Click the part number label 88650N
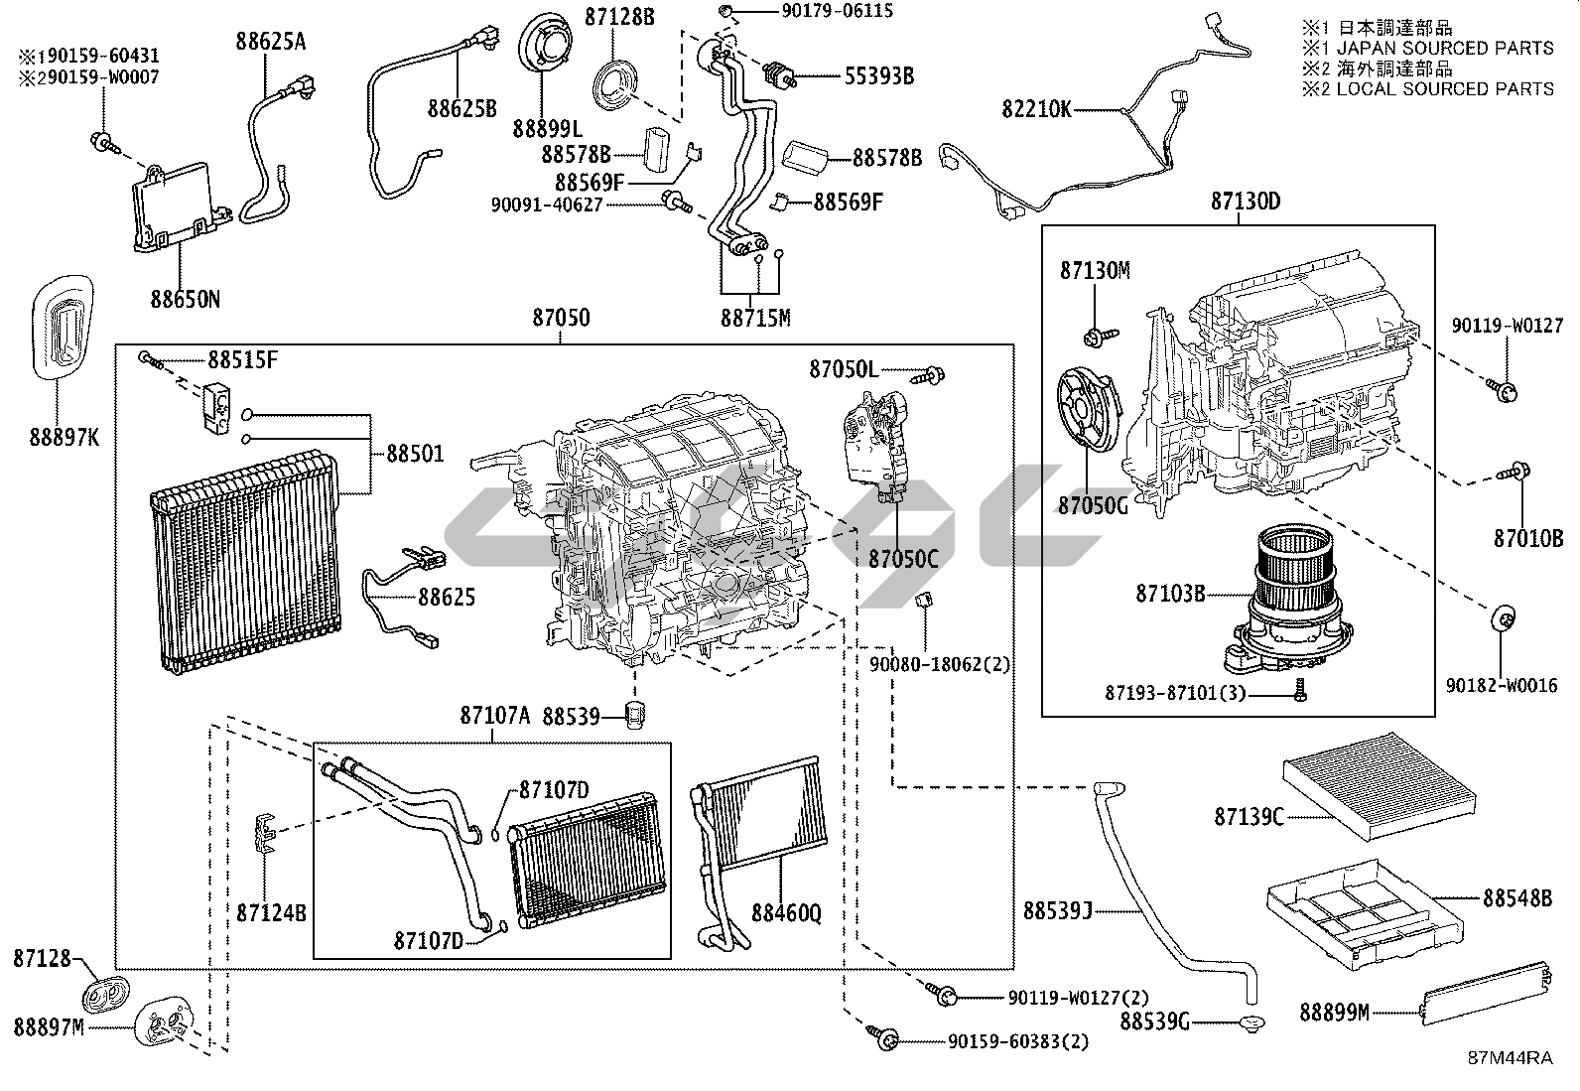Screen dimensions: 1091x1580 186,297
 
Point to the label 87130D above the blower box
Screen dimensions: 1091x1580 1245,202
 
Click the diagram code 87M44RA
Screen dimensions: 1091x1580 1511,1058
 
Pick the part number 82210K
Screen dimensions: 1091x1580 1036,109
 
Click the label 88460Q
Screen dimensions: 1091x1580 786,911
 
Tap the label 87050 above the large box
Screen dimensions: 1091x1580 561,318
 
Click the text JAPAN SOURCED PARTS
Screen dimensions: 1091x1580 1444,48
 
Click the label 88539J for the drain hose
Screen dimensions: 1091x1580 1058,909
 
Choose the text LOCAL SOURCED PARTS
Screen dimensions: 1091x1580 1444,88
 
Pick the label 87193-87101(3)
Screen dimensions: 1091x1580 1174,692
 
